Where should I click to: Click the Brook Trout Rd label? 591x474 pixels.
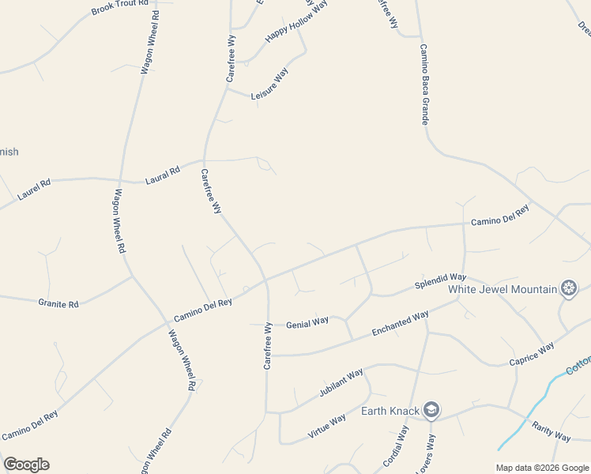coord(120,7)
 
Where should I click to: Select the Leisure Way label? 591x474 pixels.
coord(269,84)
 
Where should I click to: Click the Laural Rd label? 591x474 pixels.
coord(163,175)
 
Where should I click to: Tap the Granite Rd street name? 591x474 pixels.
coord(58,303)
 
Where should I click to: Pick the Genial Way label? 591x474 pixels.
coord(307,322)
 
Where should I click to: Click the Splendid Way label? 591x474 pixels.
coord(441,280)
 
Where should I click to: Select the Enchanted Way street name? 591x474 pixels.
coord(400,324)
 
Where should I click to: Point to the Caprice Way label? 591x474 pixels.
coord(531,355)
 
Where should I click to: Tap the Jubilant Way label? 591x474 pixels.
coord(341,382)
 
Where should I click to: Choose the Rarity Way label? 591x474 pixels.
coord(551,432)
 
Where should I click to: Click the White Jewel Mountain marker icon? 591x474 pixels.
coord(568,288)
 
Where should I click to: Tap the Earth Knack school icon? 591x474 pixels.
coord(431,410)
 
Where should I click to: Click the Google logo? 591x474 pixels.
coord(26,465)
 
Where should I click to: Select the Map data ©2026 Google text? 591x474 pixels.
coord(542,468)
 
